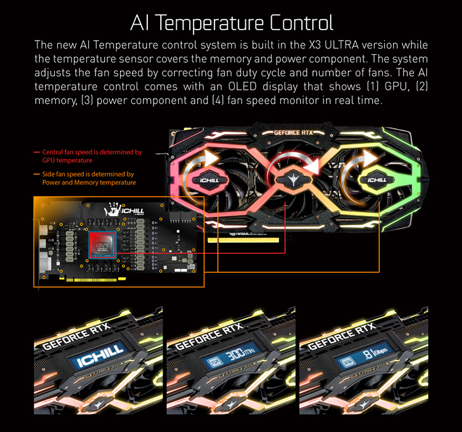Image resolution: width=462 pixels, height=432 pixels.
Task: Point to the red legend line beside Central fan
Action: (37, 151)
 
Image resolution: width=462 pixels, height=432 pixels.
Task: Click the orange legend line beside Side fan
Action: (37, 174)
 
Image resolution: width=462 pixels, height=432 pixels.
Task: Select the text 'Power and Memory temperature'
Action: (89, 182)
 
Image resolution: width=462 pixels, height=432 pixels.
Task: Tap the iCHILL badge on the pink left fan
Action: (211, 181)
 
